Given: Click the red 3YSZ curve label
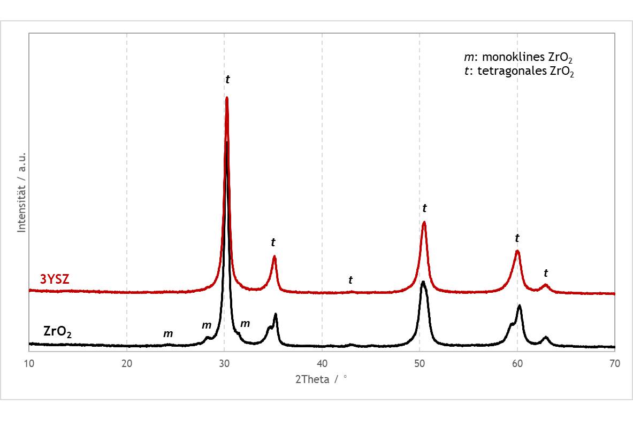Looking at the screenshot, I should (55, 279).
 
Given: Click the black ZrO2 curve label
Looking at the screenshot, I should (58, 332).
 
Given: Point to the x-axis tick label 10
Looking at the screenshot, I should (29, 363).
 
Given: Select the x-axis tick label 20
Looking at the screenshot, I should (127, 363).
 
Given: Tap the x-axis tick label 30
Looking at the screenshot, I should (224, 363).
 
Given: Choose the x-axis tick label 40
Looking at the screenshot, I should (322, 363).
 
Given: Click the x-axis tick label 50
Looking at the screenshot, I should (420, 363).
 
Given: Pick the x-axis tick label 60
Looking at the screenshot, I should (517, 363).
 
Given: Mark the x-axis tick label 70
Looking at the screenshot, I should (615, 363).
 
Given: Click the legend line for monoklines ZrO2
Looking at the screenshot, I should (518, 58).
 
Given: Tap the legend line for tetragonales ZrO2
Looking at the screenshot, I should (519, 72).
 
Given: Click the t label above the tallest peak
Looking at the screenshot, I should (227, 80).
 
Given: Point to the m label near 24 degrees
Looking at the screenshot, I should (168, 334).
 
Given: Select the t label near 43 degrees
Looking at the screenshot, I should (350, 279).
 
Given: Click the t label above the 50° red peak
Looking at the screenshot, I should (425, 208).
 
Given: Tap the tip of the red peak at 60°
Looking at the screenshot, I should (517, 251).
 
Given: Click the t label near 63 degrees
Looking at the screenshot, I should (546, 273).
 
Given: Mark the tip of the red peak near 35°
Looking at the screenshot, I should (274, 256).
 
